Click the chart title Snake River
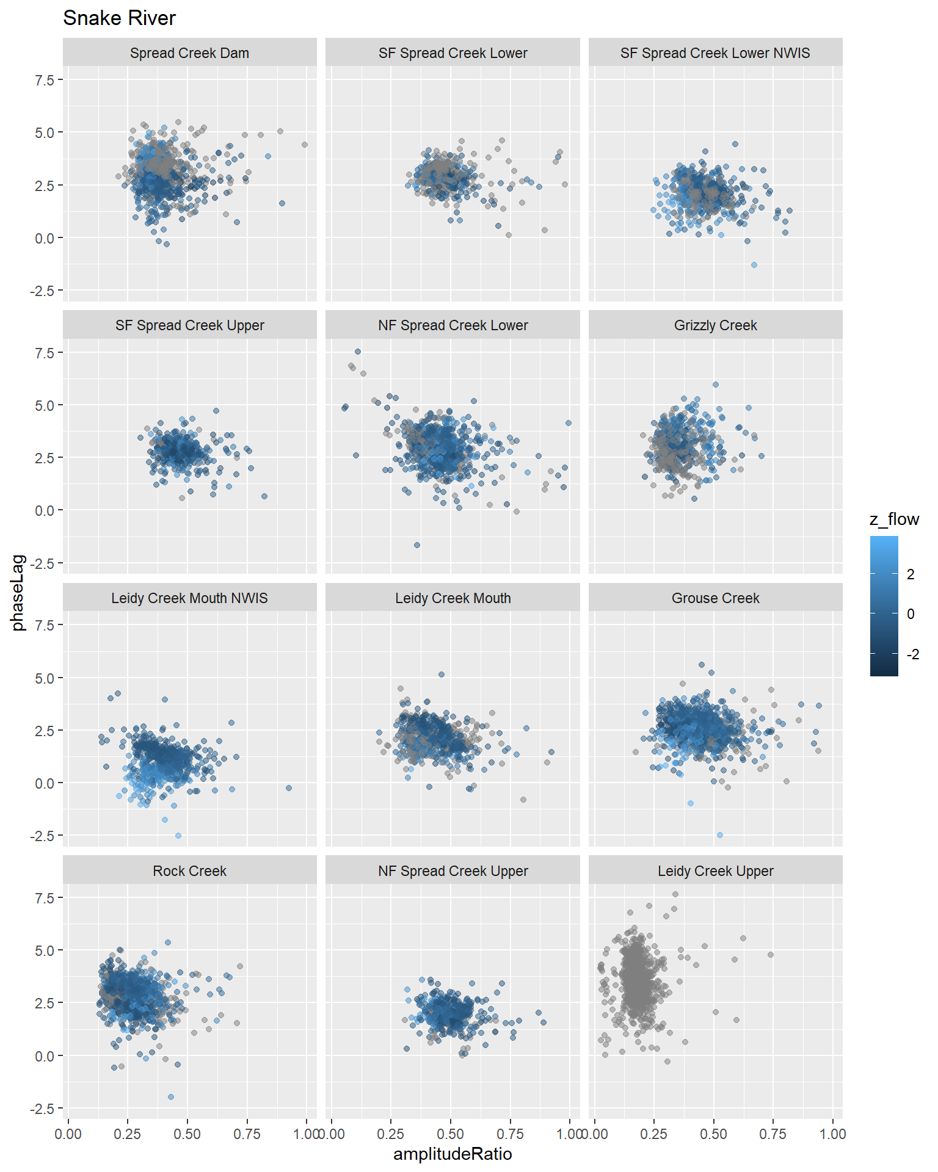(x=119, y=18)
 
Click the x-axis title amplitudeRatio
(x=453, y=1154)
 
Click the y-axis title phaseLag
(x=18, y=593)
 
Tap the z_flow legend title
(x=894, y=519)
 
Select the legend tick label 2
(x=911, y=574)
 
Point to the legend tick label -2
(x=912, y=654)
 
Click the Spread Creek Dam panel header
(x=189, y=53)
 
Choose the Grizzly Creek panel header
(x=715, y=325)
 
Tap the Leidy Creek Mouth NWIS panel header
(x=189, y=598)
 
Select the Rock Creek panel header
(x=189, y=871)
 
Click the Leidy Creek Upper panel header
(x=715, y=871)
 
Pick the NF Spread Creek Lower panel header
(x=453, y=325)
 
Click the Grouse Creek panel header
(x=715, y=598)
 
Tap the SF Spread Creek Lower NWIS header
(x=715, y=53)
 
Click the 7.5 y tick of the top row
(x=45, y=80)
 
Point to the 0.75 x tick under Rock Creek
(x=247, y=1134)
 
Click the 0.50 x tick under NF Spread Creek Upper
(x=451, y=1134)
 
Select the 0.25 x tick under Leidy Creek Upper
(x=654, y=1134)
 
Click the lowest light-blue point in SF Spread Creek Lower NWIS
(x=754, y=265)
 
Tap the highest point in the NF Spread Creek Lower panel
(x=358, y=352)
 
